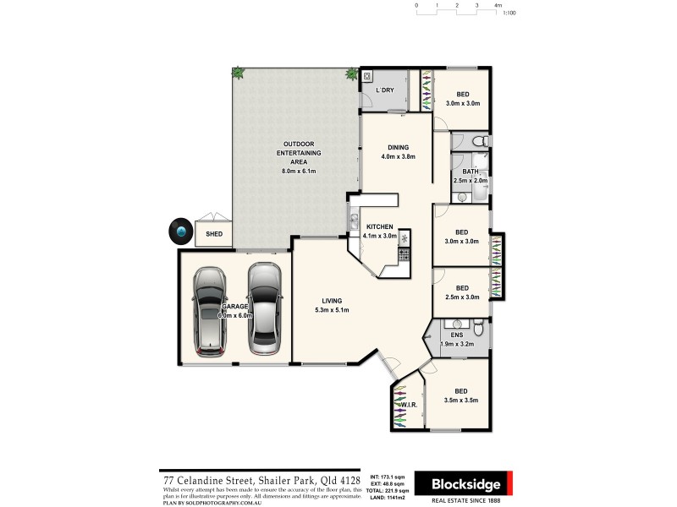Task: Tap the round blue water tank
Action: coord(180,231)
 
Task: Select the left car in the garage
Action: coord(211,310)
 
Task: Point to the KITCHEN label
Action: coord(379,227)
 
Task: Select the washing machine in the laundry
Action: coord(368,76)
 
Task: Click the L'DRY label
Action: coord(386,90)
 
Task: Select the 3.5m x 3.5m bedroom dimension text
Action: coord(462,401)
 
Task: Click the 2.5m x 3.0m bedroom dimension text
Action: coord(462,297)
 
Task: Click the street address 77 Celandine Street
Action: coord(225,480)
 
